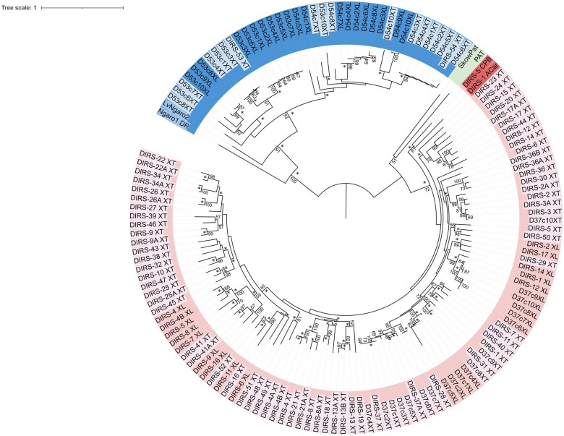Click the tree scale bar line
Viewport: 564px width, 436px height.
click(82, 7)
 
